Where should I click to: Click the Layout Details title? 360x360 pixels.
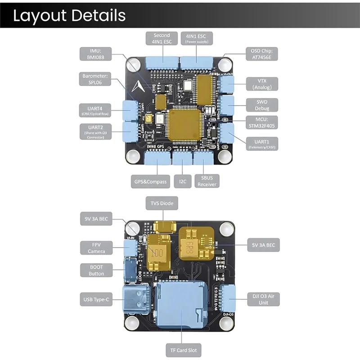pyautogui.click(x=69, y=15)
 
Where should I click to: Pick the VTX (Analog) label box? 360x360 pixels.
pyautogui.click(x=261, y=84)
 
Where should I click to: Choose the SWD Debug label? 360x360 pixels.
pyautogui.click(x=261, y=105)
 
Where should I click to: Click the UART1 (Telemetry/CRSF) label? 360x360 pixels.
pyautogui.click(x=261, y=144)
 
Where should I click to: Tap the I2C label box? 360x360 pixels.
pyautogui.click(x=183, y=182)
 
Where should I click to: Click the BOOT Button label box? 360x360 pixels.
pyautogui.click(x=96, y=270)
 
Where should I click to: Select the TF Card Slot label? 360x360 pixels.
pyautogui.click(x=182, y=350)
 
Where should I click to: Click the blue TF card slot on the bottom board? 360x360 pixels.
pyautogui.click(x=182, y=304)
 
